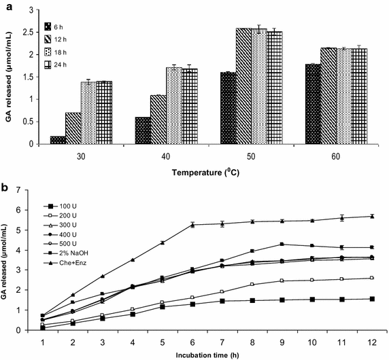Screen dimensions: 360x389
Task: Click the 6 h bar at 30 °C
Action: [58, 140]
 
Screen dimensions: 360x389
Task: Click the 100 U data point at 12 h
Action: [371, 299]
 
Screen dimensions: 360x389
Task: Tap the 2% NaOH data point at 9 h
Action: [280, 244]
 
